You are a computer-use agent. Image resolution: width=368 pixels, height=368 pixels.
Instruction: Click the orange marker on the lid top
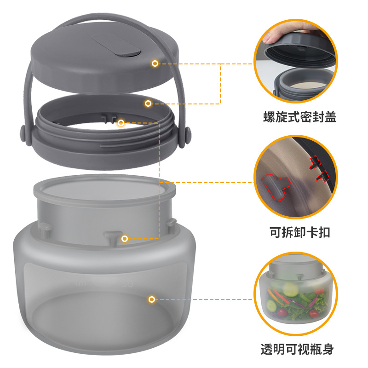[x=155, y=63]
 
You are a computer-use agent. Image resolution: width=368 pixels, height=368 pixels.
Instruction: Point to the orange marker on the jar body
[x=151, y=299]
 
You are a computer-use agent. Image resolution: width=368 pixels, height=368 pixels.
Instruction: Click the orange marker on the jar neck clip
[x=125, y=239]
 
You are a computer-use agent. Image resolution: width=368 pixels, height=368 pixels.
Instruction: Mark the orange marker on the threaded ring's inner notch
[x=121, y=123]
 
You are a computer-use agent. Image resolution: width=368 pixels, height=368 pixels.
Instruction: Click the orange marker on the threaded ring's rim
[x=148, y=103]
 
